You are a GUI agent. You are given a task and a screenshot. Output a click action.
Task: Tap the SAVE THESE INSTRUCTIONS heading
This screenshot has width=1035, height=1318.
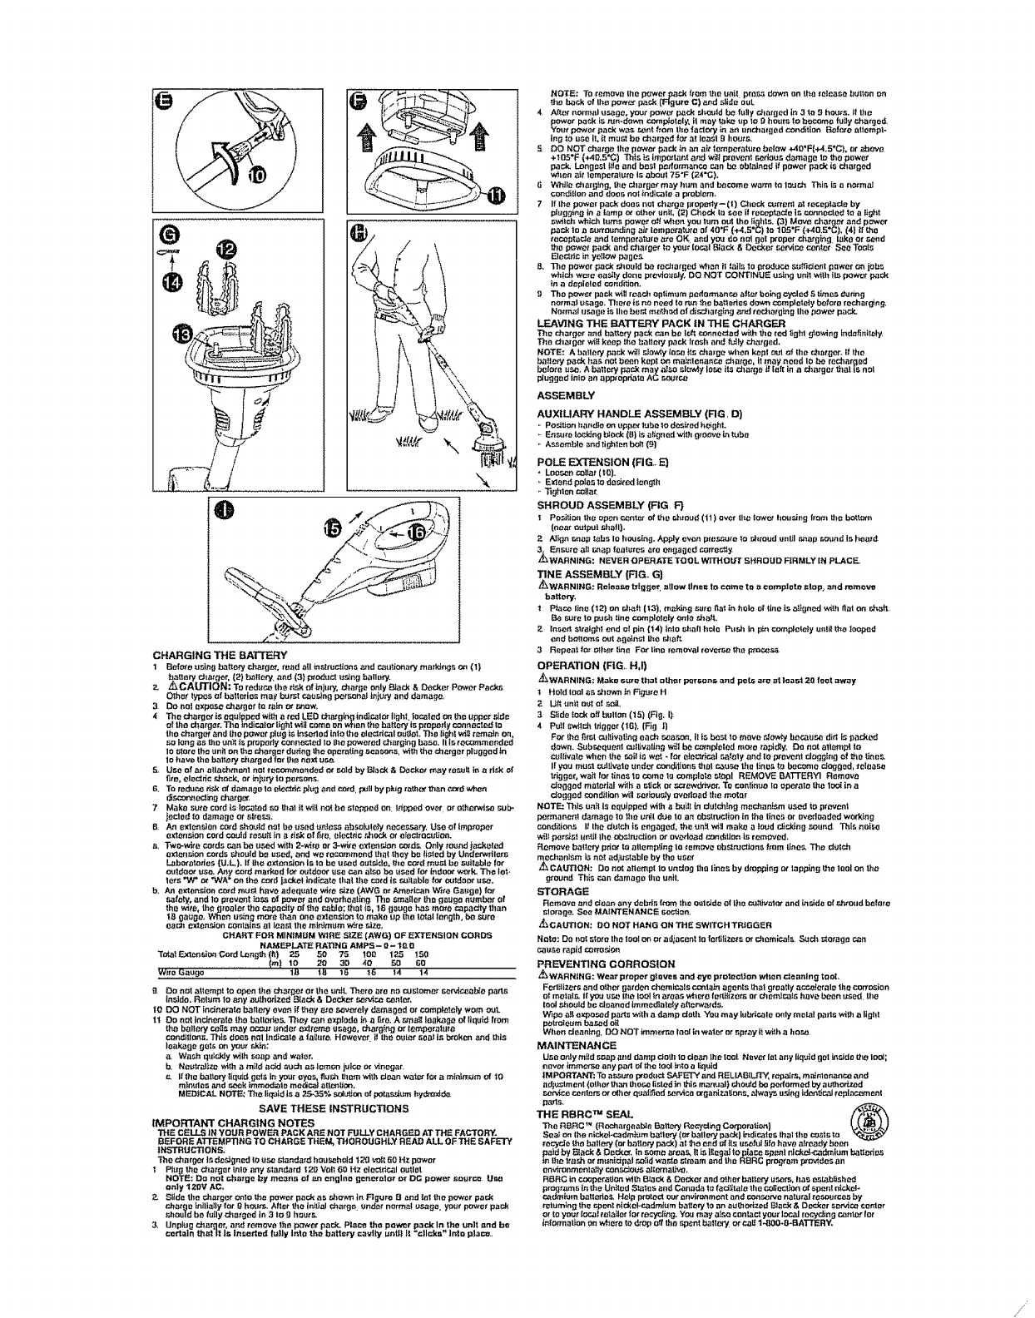[x=334, y=1108]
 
